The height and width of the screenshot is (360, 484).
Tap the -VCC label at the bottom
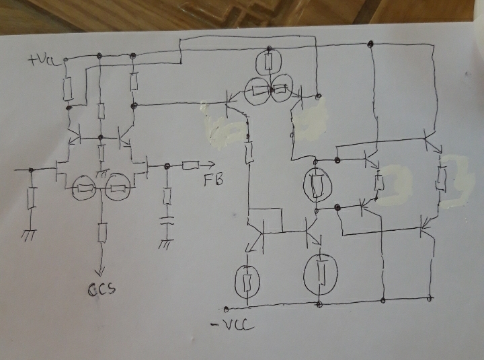click(x=232, y=325)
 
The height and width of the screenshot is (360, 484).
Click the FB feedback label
click(x=213, y=180)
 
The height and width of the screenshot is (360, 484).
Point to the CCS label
click(x=102, y=289)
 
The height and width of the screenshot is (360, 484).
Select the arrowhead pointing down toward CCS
click(x=99, y=271)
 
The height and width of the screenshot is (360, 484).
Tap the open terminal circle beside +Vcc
click(x=65, y=59)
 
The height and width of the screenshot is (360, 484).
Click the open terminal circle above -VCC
click(x=226, y=309)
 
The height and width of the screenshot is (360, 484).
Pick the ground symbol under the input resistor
click(x=30, y=235)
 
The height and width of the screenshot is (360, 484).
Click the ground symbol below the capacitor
click(x=166, y=244)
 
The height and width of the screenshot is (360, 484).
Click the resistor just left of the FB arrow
click(x=190, y=166)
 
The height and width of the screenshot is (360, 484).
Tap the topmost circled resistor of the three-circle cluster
click(x=269, y=63)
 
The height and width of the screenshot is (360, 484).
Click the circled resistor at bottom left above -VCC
click(x=247, y=281)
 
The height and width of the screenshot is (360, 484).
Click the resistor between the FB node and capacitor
click(x=167, y=196)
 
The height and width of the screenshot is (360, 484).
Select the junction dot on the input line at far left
click(x=31, y=170)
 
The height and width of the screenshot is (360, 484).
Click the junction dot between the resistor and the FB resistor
click(x=167, y=166)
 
